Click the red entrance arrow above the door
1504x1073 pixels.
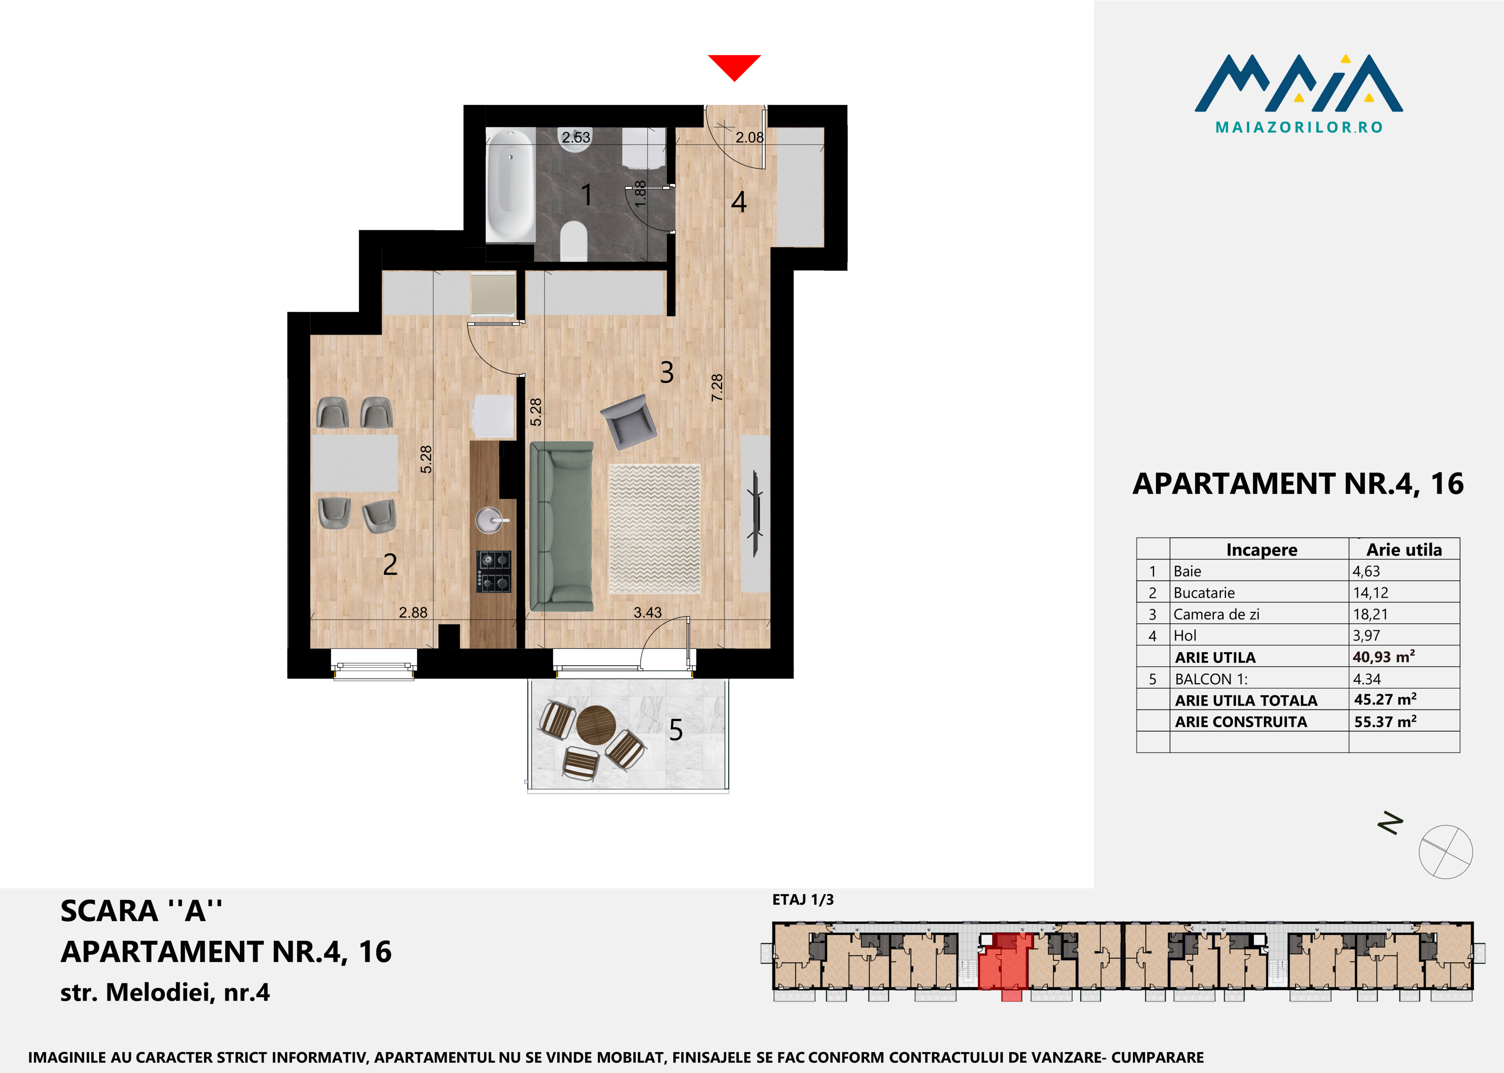734,66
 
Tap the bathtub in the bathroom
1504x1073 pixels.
510,185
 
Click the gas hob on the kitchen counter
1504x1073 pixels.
494,572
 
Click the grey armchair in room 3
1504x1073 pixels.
628,421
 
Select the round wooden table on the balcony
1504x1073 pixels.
596,726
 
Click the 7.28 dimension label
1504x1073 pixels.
717,387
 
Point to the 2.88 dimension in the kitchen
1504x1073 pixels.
413,612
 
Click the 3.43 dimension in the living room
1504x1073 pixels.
647,612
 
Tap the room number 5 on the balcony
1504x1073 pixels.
676,730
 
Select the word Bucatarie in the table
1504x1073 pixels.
1204,593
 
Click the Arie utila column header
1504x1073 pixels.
1404,550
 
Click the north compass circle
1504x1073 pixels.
1446,852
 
